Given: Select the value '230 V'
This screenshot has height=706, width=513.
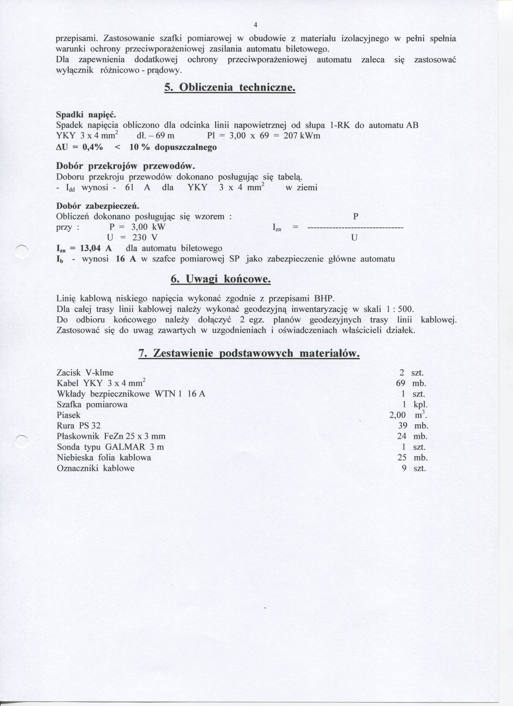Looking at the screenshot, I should pos(145,237).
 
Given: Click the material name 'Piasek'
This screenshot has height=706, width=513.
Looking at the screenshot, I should pos(68,415).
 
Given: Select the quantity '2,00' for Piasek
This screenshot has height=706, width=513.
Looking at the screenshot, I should pos(398,415).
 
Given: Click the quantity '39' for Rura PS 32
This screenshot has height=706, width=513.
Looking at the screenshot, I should pos(403,426).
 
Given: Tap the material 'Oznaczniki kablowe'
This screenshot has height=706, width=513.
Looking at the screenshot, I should pos(96,468).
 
